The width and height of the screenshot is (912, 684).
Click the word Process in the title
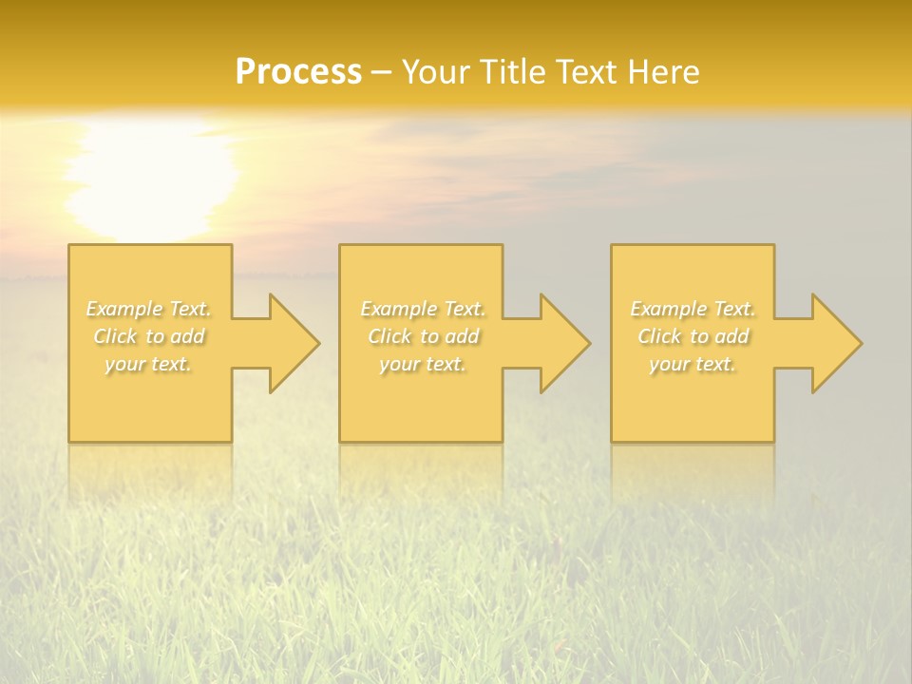[x=298, y=72]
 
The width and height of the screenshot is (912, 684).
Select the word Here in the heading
[x=664, y=72]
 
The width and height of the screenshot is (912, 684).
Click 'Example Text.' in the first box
[x=149, y=309]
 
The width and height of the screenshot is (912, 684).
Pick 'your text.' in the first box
[x=149, y=364]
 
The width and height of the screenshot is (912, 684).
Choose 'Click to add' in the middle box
[x=423, y=336]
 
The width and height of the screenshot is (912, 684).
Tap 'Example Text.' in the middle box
[x=423, y=309]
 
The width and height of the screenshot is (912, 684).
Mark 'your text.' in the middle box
[x=423, y=364]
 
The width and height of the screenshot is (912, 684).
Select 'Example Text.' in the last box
[x=693, y=309]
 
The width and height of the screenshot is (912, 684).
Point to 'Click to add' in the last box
[x=693, y=336]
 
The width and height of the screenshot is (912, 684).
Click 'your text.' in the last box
[x=693, y=364]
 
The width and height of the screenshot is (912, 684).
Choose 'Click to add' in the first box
[x=149, y=336]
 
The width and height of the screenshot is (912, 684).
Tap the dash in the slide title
[x=381, y=72]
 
